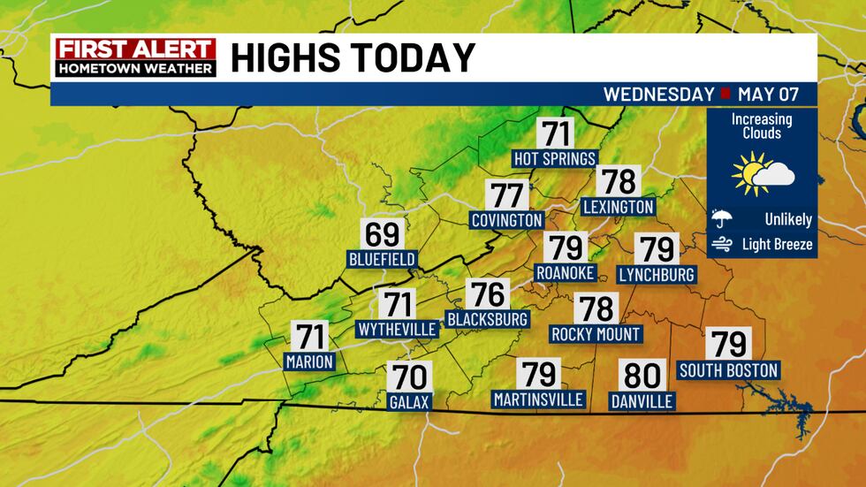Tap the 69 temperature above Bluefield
(x=382, y=235)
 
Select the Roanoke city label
(x=566, y=273)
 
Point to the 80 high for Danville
(x=642, y=376)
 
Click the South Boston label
(x=728, y=370)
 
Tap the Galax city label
(x=409, y=402)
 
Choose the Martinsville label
(x=538, y=399)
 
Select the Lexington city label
(x=618, y=207)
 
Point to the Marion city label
(x=309, y=361)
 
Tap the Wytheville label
(x=397, y=330)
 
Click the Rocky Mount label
(x=596, y=334)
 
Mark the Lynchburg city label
(x=657, y=274)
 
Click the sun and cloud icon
(x=762, y=174)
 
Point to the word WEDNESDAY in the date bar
(x=658, y=94)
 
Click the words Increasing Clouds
(x=761, y=126)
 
